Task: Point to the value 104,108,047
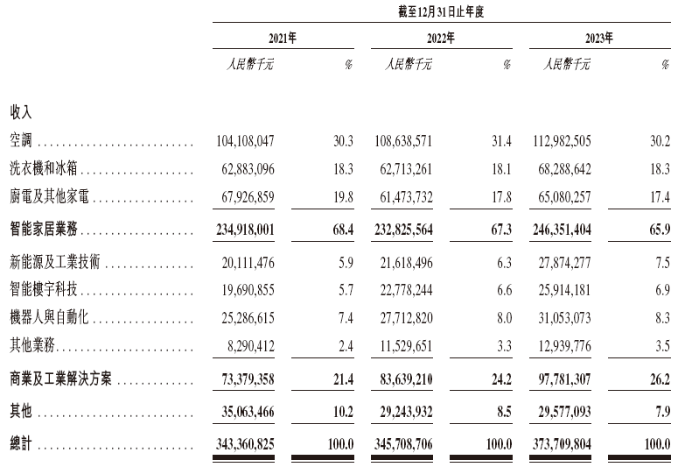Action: (x=245, y=141)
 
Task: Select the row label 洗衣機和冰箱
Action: (x=45, y=169)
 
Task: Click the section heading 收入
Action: (x=21, y=113)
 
